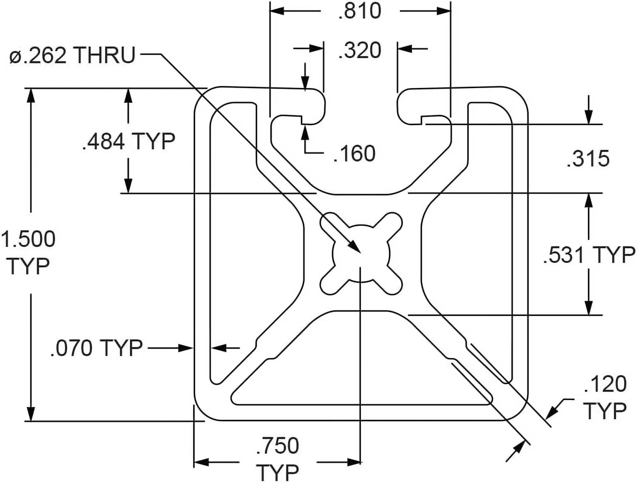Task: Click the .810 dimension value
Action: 360,11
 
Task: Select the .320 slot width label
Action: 360,50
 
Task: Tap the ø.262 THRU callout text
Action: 73,55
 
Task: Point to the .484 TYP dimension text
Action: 128,141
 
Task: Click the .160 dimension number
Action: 354,154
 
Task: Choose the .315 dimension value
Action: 588,159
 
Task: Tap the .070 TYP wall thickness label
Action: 97,348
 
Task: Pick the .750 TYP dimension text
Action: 277,459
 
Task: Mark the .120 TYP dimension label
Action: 605,397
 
